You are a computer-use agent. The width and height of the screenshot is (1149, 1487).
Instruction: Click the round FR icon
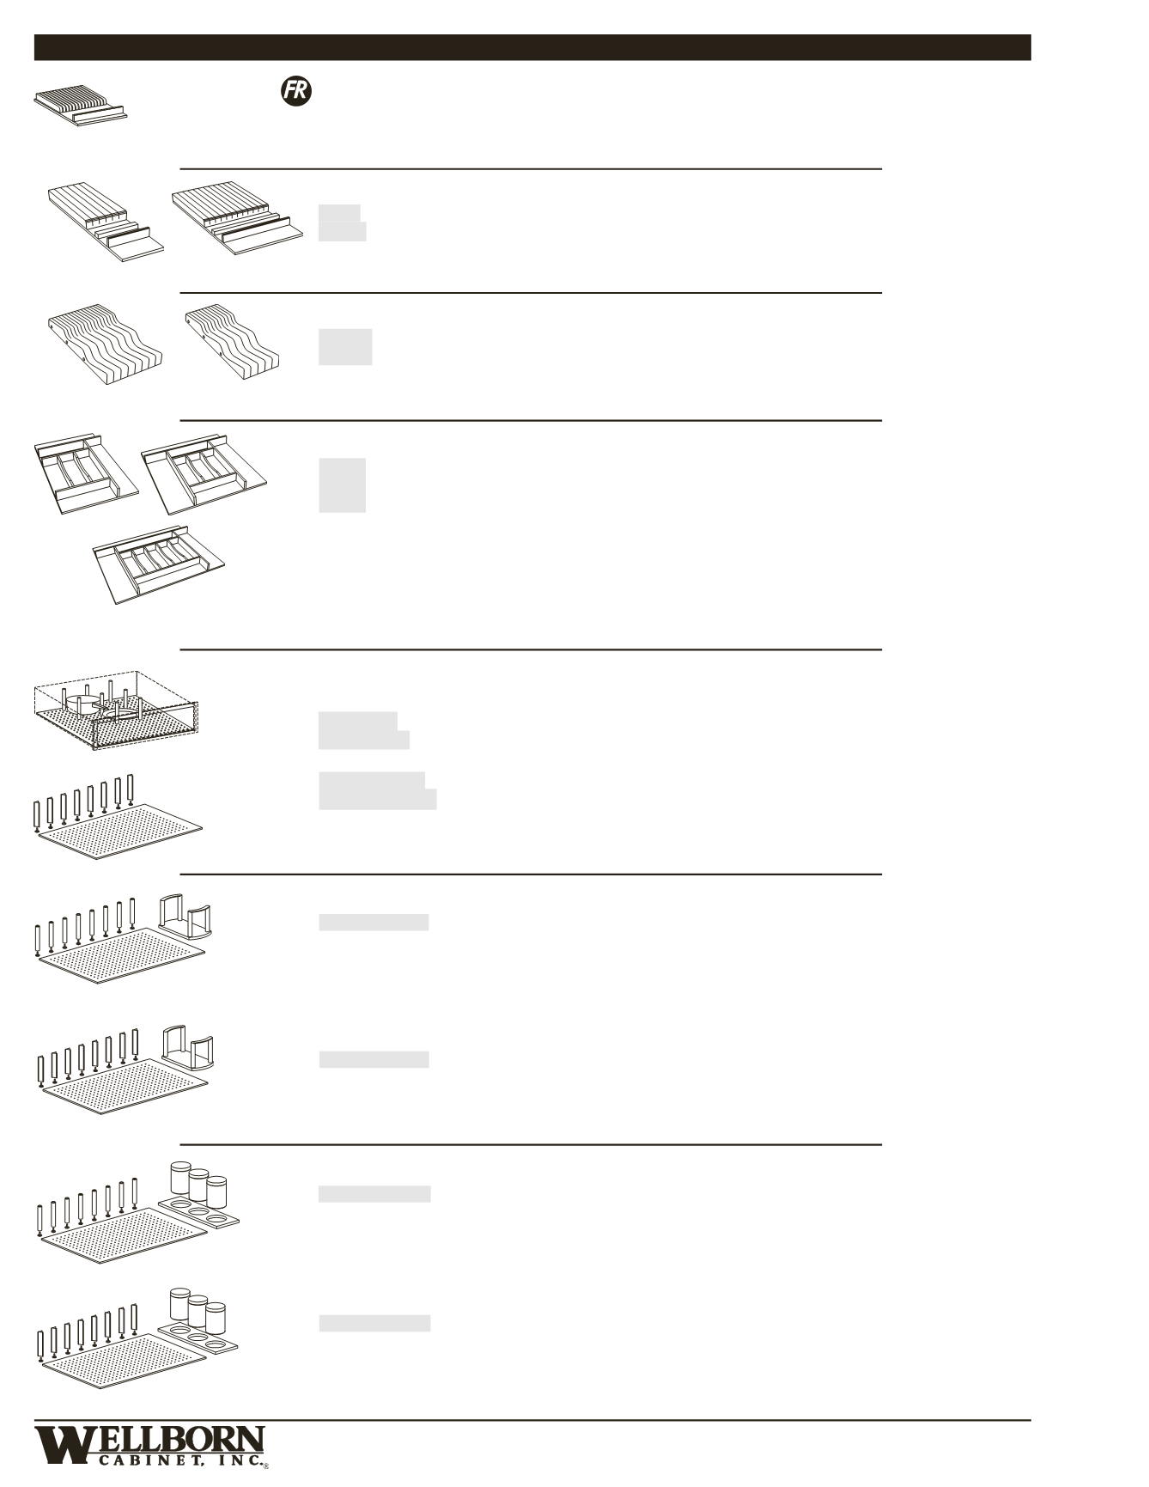click(295, 92)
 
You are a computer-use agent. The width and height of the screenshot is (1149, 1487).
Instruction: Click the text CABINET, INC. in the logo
click(179, 1463)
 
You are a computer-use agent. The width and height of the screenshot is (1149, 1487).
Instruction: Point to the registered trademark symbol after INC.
click(266, 1467)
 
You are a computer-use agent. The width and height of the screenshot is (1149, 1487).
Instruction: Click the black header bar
click(532, 47)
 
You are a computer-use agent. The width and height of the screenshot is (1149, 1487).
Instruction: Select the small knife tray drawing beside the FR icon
click(82, 106)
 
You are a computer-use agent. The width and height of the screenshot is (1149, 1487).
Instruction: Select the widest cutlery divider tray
click(161, 563)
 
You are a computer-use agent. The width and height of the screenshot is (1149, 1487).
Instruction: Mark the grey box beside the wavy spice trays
click(345, 346)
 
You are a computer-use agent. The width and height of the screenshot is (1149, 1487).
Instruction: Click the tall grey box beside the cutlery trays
click(342, 485)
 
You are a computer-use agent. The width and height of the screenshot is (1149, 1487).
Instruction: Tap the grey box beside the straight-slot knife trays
click(342, 222)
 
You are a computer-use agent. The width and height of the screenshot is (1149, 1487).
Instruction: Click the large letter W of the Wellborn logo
click(66, 1445)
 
